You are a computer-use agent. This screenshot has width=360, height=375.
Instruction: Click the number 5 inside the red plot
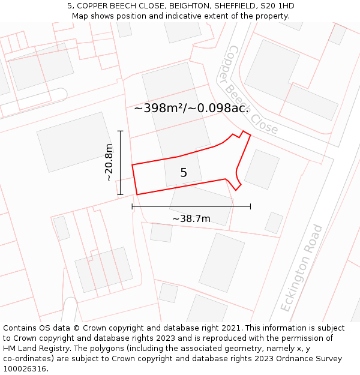tap(184, 173)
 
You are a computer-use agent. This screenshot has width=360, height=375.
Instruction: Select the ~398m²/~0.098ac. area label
tap(191, 108)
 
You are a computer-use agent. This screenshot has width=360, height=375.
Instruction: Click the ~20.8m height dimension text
tap(108, 163)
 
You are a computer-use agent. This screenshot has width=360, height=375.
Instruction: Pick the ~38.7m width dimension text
tap(191, 218)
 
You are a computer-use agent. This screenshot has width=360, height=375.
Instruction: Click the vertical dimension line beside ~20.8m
tap(120, 163)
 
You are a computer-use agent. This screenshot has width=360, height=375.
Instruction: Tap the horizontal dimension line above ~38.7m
tap(191, 206)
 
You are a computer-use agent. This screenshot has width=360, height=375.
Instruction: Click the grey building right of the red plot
tap(262, 169)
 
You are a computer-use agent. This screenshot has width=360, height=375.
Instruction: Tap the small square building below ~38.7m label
tap(161, 232)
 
